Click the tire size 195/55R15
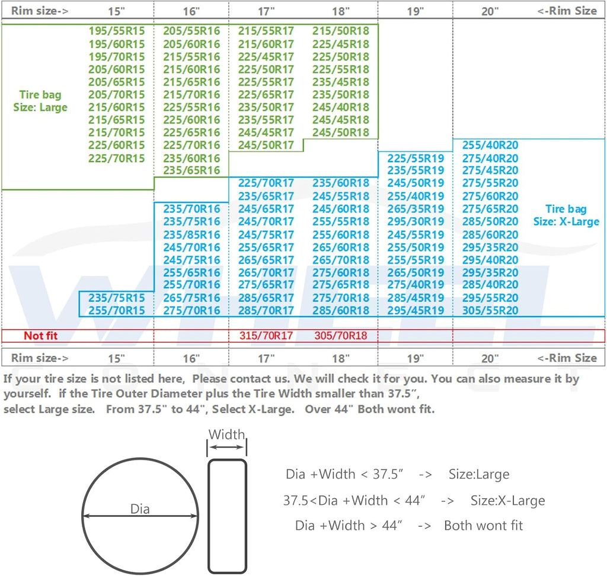(x=117, y=31)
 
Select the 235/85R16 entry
(x=191, y=235)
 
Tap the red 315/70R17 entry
(x=266, y=335)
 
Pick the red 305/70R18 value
(x=341, y=335)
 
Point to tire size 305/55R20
(x=490, y=310)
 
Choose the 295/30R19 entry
(x=416, y=222)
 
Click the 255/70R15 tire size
(x=117, y=310)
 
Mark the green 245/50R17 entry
(x=266, y=145)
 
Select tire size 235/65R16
(x=191, y=170)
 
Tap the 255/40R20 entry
(x=490, y=145)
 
